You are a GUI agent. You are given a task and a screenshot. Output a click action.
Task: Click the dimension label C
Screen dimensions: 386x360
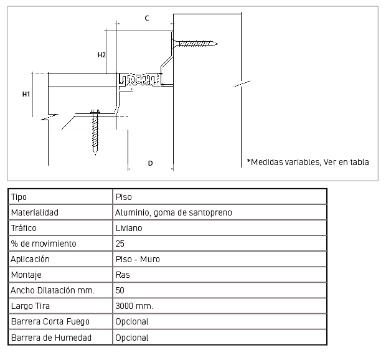click(147, 18)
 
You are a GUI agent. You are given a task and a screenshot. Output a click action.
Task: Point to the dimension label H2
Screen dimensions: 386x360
click(101, 55)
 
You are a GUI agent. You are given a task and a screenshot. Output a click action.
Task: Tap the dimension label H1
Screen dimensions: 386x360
click(26, 94)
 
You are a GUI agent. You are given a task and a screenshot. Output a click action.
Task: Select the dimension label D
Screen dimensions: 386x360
click(151, 163)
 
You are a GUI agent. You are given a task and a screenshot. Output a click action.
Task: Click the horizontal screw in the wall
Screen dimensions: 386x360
click(195, 44)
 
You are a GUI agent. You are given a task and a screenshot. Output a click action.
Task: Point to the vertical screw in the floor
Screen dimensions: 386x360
click(95, 133)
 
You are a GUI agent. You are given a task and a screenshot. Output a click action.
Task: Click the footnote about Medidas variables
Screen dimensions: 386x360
click(308, 162)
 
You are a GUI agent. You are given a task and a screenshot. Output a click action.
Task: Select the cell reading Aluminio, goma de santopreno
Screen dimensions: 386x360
click(174, 212)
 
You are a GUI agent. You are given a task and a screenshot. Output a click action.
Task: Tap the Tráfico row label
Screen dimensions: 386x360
click(24, 228)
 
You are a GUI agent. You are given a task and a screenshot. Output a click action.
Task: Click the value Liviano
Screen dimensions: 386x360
click(129, 228)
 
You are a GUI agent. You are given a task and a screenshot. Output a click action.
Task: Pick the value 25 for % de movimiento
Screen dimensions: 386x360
click(120, 244)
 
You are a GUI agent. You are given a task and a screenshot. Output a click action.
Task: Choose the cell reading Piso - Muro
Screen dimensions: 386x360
click(138, 259)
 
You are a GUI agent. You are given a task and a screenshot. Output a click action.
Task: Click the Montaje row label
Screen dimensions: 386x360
click(26, 275)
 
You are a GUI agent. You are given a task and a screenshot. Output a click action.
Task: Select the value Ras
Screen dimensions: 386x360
click(123, 275)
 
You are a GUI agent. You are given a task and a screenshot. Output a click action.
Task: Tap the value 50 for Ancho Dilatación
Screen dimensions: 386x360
click(120, 290)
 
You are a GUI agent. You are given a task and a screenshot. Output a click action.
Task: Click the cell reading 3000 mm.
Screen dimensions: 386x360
click(134, 306)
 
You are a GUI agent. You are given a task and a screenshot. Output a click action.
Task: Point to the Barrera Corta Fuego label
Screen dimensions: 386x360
click(50, 321)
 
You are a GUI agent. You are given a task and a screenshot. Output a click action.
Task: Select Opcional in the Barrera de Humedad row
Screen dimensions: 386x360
click(132, 338)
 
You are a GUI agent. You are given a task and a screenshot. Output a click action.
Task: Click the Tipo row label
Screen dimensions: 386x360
click(19, 197)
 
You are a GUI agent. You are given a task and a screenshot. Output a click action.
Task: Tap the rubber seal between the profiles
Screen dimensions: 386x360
click(140, 79)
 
